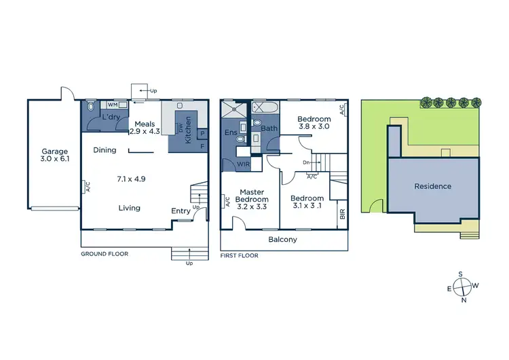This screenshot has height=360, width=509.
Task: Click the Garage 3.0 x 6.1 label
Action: pos(54,156)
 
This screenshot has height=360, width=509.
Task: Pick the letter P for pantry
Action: pos(202,134)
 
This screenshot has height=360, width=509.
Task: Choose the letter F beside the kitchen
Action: pos(202,146)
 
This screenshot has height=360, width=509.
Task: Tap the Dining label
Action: pos(105,150)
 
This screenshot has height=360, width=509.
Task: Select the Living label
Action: pos(128,208)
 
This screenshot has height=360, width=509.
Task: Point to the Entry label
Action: pos(181,211)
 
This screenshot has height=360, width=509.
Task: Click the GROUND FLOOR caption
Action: pos(105,253)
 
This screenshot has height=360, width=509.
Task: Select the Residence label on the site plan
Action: pos(432,186)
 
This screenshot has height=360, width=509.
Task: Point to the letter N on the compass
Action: pos(464,300)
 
